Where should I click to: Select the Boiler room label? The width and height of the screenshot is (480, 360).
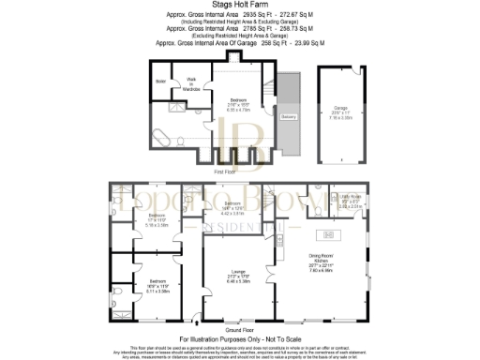pos(161,82)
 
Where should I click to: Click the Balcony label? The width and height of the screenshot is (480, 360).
pos(290,117)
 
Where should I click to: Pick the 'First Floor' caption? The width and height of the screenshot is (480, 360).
pos(225,172)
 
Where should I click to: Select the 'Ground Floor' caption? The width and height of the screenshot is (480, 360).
pos(240,329)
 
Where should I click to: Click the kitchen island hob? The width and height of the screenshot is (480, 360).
pos(329,233)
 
